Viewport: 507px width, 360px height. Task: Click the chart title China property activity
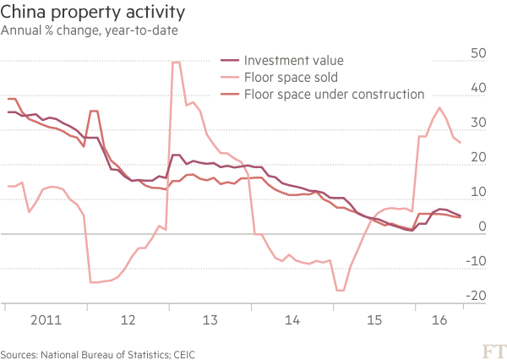94,14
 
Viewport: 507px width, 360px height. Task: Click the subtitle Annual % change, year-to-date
89,31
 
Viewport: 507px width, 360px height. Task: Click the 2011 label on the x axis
45,321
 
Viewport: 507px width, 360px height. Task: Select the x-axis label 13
210,321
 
